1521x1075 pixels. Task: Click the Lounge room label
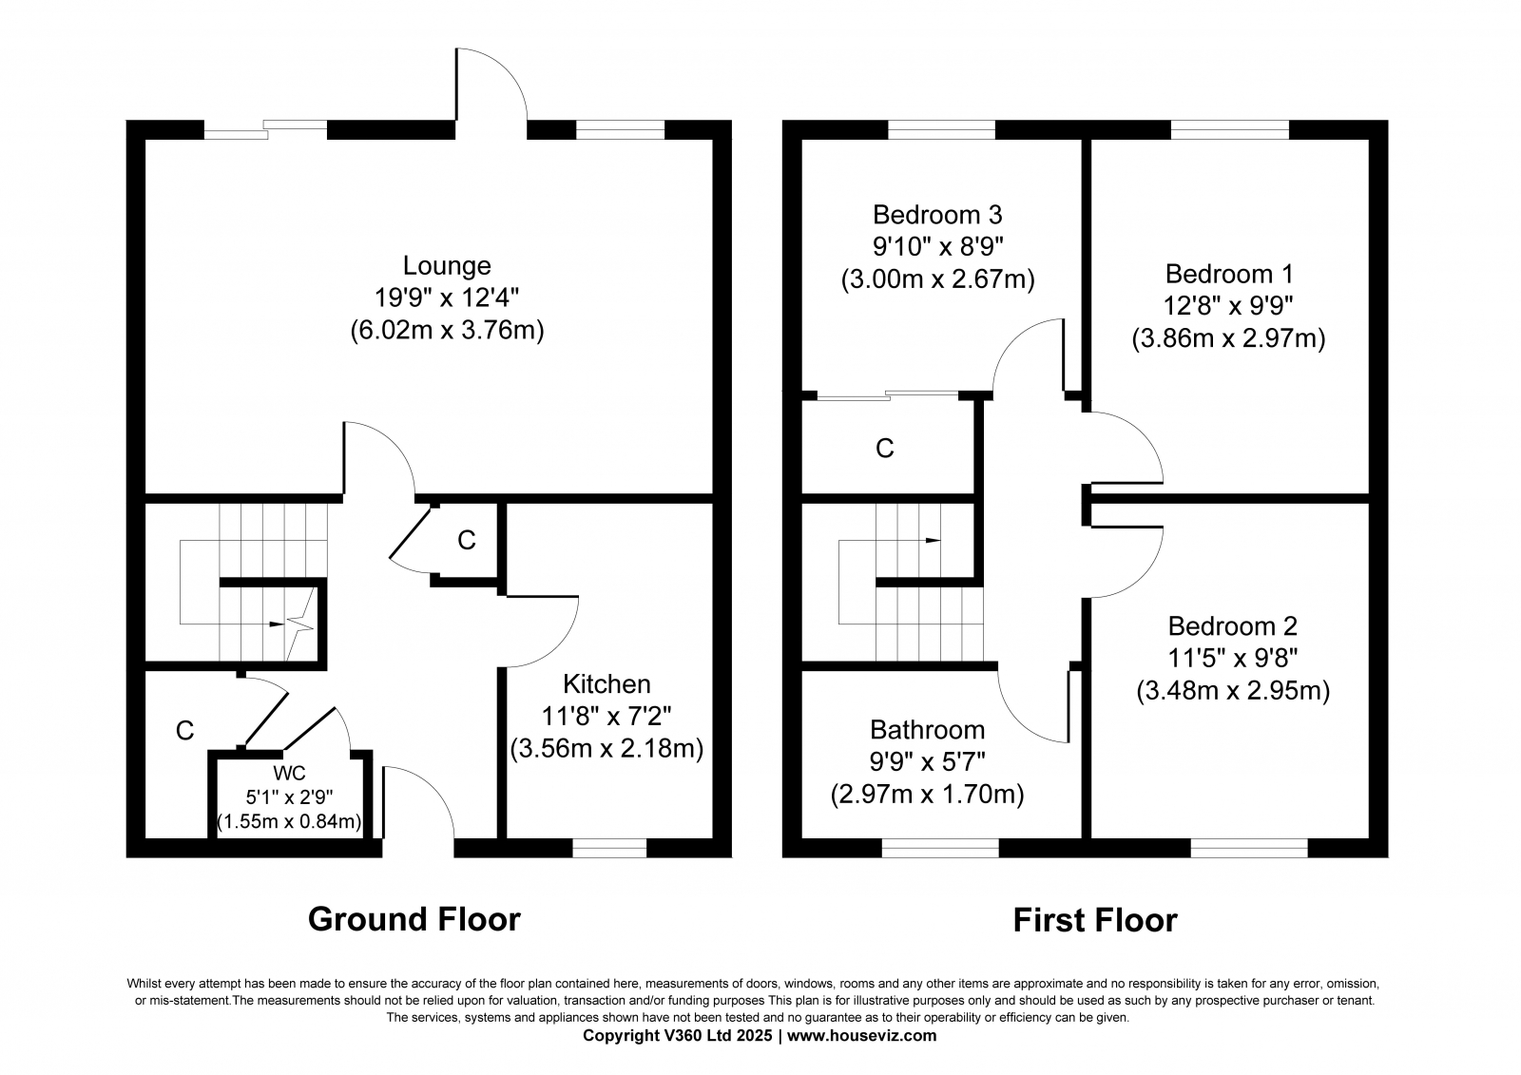(447, 265)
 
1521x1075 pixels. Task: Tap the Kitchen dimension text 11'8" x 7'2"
(606, 716)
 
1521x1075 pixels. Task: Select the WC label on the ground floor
(289, 773)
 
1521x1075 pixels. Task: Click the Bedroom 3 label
(937, 215)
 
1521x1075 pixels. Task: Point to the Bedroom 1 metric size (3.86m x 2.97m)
(1228, 338)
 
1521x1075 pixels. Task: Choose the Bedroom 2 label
(1232, 625)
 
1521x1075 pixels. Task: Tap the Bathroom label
(928, 729)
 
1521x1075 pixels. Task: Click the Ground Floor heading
(414, 919)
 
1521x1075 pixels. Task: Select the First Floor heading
(1095, 921)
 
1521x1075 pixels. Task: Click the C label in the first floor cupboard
(885, 449)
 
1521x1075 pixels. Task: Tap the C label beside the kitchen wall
(467, 540)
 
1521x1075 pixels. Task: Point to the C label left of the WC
(184, 731)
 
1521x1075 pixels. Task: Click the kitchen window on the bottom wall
(609, 848)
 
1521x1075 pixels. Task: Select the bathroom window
(940, 848)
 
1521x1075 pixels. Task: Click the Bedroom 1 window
(1230, 129)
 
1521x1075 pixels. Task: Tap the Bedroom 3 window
(942, 129)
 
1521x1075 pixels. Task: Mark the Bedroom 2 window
(1249, 848)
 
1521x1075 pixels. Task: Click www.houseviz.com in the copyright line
(861, 1036)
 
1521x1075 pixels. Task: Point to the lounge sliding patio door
(265, 129)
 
